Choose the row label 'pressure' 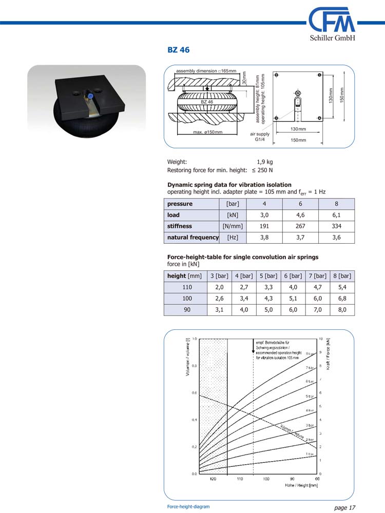pyautogui.click(x=180, y=204)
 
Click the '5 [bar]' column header pyautogui.click(x=268, y=275)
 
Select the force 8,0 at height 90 pyautogui.click(x=342, y=309)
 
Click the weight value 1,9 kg pyautogui.click(x=264, y=162)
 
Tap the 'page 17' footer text pyautogui.click(x=344, y=507)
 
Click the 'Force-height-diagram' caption pyautogui.click(x=188, y=506)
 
